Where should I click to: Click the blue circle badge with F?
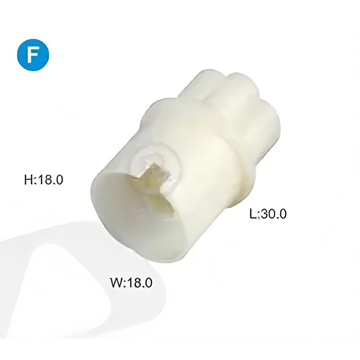[33, 54]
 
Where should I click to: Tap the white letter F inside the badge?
[32, 55]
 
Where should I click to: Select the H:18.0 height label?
[44, 180]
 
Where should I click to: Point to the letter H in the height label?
[28, 180]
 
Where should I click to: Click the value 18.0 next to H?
[50, 180]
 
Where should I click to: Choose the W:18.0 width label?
[131, 282]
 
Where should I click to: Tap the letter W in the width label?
[117, 282]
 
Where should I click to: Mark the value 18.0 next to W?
[140, 282]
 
